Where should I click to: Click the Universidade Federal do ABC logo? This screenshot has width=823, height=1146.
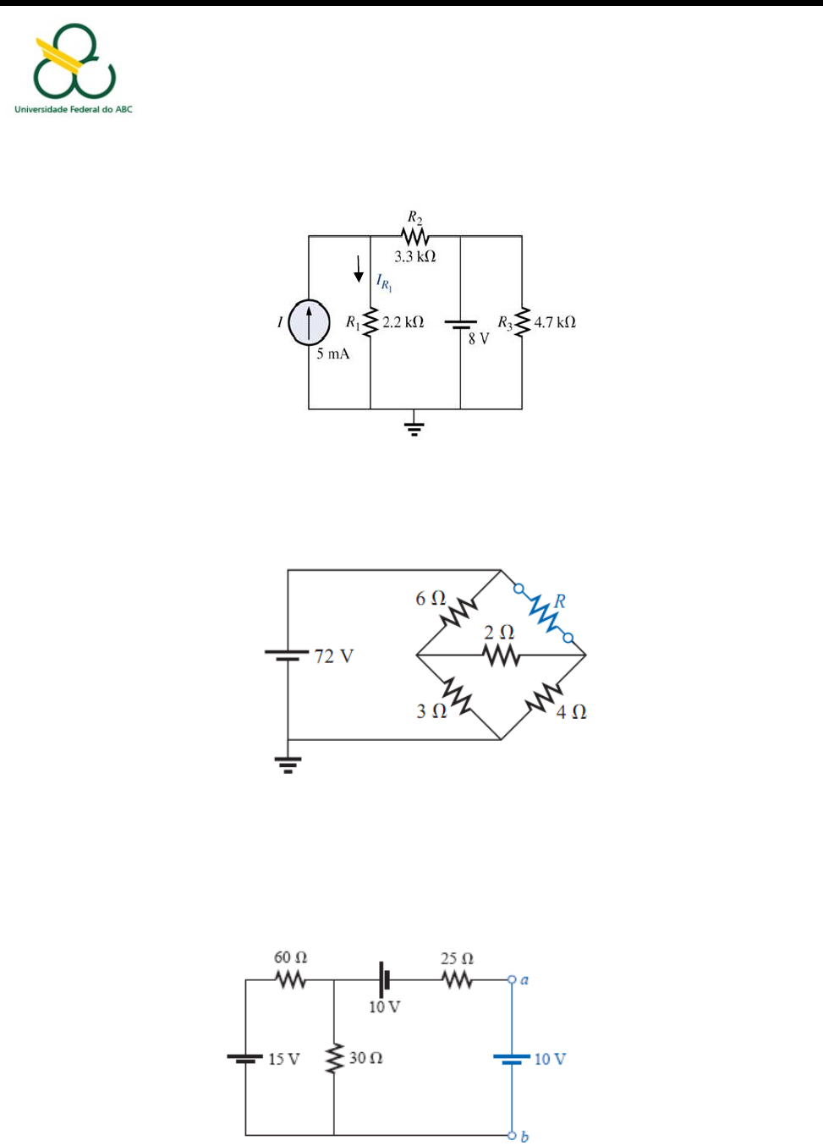[74, 68]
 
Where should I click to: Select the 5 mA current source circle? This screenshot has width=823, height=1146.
[309, 322]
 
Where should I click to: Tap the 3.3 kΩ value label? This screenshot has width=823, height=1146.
[414, 256]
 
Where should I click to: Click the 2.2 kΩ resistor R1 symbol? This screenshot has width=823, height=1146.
[370, 322]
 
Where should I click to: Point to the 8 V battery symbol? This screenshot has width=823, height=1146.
[460, 325]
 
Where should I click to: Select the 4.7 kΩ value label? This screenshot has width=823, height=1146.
[555, 322]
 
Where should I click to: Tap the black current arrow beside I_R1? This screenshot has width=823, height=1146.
[359, 269]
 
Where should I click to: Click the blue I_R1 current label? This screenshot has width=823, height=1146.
[384, 282]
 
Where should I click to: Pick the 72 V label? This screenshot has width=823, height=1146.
[334, 655]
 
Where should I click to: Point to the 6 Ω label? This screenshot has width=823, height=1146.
[431, 598]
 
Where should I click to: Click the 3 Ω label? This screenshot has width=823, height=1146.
[431, 711]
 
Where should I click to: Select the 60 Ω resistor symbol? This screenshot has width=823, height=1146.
[290, 980]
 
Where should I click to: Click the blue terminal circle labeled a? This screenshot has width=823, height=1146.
[512, 979]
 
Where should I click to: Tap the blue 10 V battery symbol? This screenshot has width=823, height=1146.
[512, 1059]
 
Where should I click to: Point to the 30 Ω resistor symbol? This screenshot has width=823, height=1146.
[334, 1059]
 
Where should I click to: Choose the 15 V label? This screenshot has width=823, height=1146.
[284, 1059]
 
